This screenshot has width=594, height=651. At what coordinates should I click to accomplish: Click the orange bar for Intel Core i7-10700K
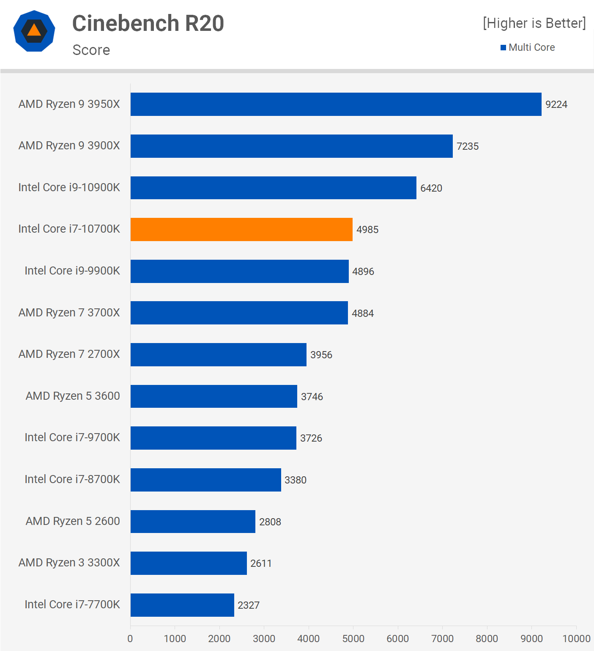click(x=241, y=229)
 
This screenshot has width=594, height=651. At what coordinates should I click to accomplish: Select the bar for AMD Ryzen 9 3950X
click(x=336, y=104)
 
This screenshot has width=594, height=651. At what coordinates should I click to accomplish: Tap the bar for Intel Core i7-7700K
click(x=182, y=605)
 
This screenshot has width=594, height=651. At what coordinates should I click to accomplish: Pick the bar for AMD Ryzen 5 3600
click(x=214, y=396)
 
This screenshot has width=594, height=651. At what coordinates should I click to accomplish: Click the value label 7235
click(x=468, y=146)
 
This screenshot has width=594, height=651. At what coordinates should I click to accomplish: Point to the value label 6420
click(x=431, y=188)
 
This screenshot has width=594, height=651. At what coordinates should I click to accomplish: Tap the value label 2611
click(x=261, y=563)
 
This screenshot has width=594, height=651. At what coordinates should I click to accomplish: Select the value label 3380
click(x=296, y=480)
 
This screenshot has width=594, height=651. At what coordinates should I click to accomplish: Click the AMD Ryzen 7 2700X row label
click(x=69, y=354)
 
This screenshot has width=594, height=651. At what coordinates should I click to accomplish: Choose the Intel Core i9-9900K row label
click(x=72, y=271)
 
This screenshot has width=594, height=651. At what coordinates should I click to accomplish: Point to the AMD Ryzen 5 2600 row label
click(x=73, y=521)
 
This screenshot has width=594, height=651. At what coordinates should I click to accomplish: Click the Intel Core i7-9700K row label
click(x=72, y=437)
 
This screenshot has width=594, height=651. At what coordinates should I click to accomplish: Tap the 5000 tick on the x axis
click(x=353, y=639)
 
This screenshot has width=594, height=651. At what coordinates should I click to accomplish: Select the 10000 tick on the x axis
click(x=576, y=639)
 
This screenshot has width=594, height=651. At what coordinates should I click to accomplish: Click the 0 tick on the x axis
click(x=130, y=639)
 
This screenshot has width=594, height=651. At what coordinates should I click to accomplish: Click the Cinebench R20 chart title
click(x=148, y=23)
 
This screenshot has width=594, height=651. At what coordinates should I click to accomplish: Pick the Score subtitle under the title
click(x=91, y=50)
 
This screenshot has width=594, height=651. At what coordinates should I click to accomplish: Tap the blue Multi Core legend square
click(x=503, y=48)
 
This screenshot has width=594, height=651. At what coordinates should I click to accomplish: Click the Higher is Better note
click(x=534, y=23)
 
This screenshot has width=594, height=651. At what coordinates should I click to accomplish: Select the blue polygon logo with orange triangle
click(x=34, y=31)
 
